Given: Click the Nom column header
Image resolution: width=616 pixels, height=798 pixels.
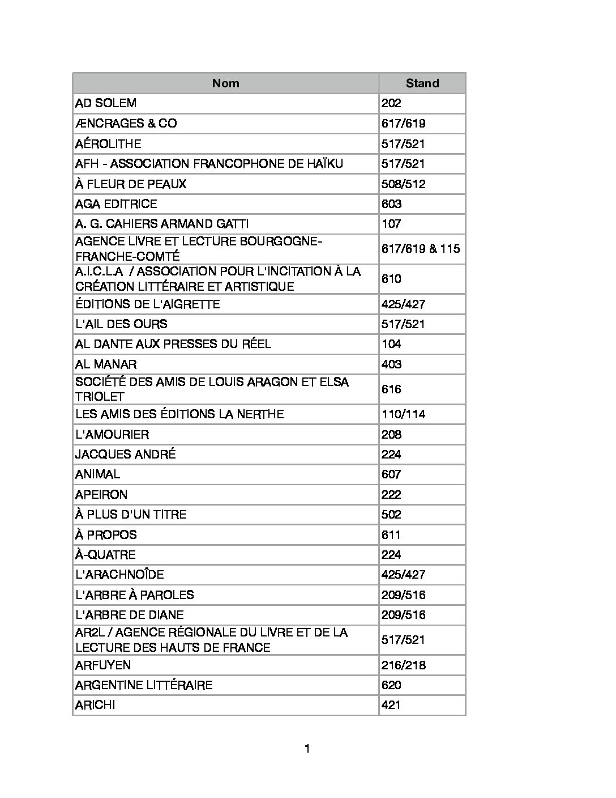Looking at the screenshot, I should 225,83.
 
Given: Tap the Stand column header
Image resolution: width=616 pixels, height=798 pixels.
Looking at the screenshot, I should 422,83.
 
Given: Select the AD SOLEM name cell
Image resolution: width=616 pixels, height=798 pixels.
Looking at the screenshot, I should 106,103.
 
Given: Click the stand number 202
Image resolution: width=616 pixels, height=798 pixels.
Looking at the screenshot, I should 391,103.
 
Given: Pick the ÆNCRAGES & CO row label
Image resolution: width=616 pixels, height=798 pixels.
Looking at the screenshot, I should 126,124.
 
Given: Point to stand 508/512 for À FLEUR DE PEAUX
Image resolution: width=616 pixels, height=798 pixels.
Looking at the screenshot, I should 403,184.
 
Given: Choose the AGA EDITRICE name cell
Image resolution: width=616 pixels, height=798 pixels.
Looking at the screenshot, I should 116,204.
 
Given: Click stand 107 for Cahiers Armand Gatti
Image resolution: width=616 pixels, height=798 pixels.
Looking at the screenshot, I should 391,224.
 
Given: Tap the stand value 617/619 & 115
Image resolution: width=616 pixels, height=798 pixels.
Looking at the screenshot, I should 421,249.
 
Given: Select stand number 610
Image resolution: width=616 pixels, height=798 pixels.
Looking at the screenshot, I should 391,279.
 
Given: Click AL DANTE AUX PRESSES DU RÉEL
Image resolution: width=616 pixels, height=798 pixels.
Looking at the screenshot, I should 173,344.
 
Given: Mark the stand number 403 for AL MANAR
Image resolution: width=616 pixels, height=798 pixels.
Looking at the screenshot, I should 391,364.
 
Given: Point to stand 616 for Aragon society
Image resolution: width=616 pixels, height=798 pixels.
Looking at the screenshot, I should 391,389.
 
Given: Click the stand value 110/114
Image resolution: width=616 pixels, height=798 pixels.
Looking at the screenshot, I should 403,414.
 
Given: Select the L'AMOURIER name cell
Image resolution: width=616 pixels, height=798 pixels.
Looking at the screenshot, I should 112,435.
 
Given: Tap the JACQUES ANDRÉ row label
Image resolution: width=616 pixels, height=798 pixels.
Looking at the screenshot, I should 126,455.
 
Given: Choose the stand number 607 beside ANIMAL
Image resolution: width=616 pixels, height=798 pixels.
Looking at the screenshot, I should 391,474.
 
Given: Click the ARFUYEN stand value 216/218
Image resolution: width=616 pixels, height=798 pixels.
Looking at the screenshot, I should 403,665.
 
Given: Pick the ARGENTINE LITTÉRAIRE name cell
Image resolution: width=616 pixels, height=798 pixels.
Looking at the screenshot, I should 144,685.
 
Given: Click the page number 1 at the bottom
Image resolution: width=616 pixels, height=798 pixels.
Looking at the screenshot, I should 307,749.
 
